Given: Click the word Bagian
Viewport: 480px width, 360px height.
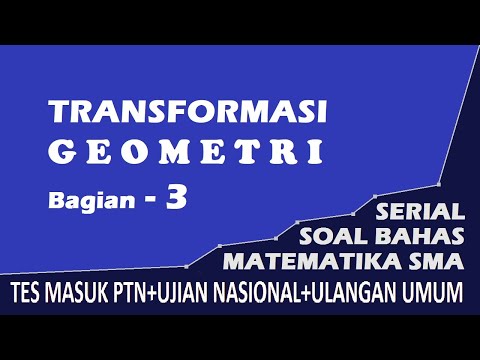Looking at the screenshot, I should [x=82, y=201].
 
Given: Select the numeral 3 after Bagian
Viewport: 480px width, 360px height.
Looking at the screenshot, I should [x=176, y=197].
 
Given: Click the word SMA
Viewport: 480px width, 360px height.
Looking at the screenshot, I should [x=435, y=262].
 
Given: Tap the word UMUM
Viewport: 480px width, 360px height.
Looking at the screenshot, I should [x=435, y=293].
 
